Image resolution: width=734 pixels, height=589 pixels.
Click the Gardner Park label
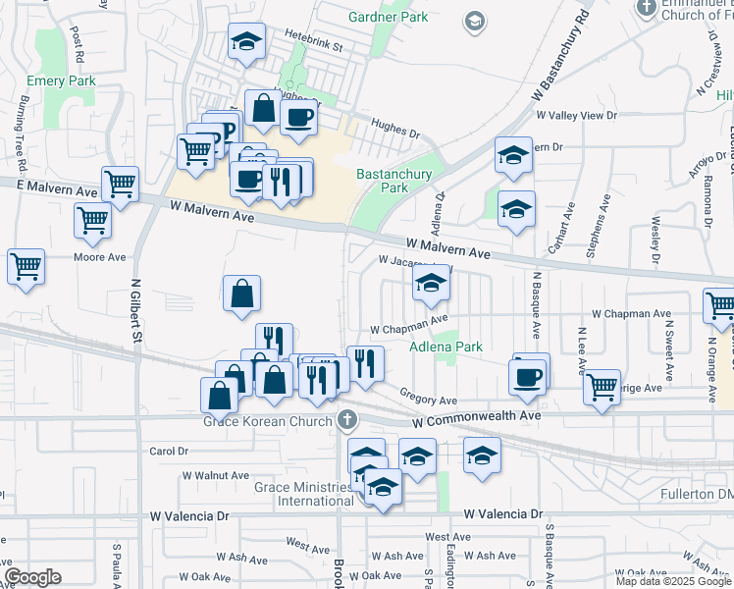[391, 17]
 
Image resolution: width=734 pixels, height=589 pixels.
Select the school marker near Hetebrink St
[246, 42]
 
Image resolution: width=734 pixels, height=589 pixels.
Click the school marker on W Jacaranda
[430, 284]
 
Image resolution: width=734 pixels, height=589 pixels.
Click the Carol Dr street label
[168, 452]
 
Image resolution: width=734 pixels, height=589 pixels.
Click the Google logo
[33, 577]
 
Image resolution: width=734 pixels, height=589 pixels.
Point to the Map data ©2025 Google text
[672, 581]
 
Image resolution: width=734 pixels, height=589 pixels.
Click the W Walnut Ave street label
[217, 475]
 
